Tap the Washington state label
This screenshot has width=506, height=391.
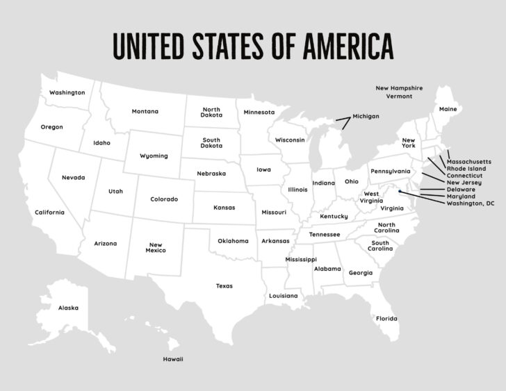click(67, 92)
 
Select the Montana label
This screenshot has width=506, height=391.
click(145, 111)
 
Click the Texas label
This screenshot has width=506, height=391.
click(224, 285)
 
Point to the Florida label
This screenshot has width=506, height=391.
click(386, 318)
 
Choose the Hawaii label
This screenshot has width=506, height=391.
click(173, 359)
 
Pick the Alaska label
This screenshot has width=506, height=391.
click(68, 308)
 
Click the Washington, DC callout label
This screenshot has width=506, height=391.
click(471, 203)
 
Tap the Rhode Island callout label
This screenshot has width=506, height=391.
click(466, 168)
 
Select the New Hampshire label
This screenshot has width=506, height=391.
click(399, 88)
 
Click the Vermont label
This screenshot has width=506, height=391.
click(399, 97)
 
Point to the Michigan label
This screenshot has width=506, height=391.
click(366, 116)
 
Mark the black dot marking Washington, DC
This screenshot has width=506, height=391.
click(400, 192)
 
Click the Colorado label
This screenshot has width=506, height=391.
click(164, 199)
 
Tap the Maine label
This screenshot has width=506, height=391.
click(448, 109)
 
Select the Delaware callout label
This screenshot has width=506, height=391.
click(461, 189)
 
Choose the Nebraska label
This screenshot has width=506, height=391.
click(211, 174)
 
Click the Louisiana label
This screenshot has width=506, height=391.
click(284, 296)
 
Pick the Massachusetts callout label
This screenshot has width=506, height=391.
click(468, 161)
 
